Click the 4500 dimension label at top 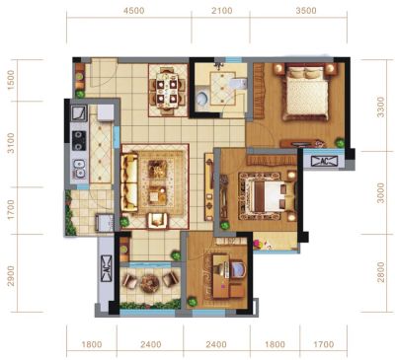pos(133,11)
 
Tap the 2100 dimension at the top pos(222,11)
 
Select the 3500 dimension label pos(306,11)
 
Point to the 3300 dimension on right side pos(380,107)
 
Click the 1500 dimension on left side pos(11,80)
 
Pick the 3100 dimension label pos(11,143)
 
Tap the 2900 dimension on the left pos(11,275)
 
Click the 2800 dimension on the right pos(380,272)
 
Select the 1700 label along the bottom pos(324,344)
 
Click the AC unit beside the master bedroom pos(325,161)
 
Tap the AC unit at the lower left pos(106,268)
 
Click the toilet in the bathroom pos(201,98)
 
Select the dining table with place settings pos(167,91)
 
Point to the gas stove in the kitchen pos(79,140)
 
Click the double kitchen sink pos(79,169)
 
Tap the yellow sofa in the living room pos(129,182)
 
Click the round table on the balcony pos(150,283)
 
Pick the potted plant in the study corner pos(192,301)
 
